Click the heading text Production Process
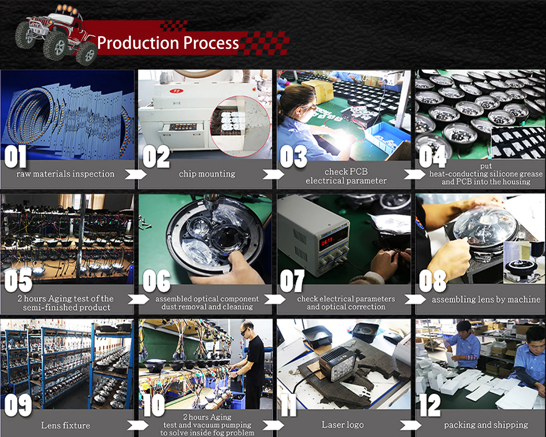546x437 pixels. [x=168, y=43]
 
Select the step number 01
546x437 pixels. [x=15, y=156]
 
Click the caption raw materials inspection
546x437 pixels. [x=65, y=174]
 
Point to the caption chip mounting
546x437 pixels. [x=207, y=174]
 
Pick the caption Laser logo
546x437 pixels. [x=343, y=425]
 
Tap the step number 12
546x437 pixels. [x=429, y=405]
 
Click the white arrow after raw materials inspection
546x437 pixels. [x=136, y=174]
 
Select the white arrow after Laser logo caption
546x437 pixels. [x=411, y=425]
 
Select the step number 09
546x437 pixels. [x=18, y=405]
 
